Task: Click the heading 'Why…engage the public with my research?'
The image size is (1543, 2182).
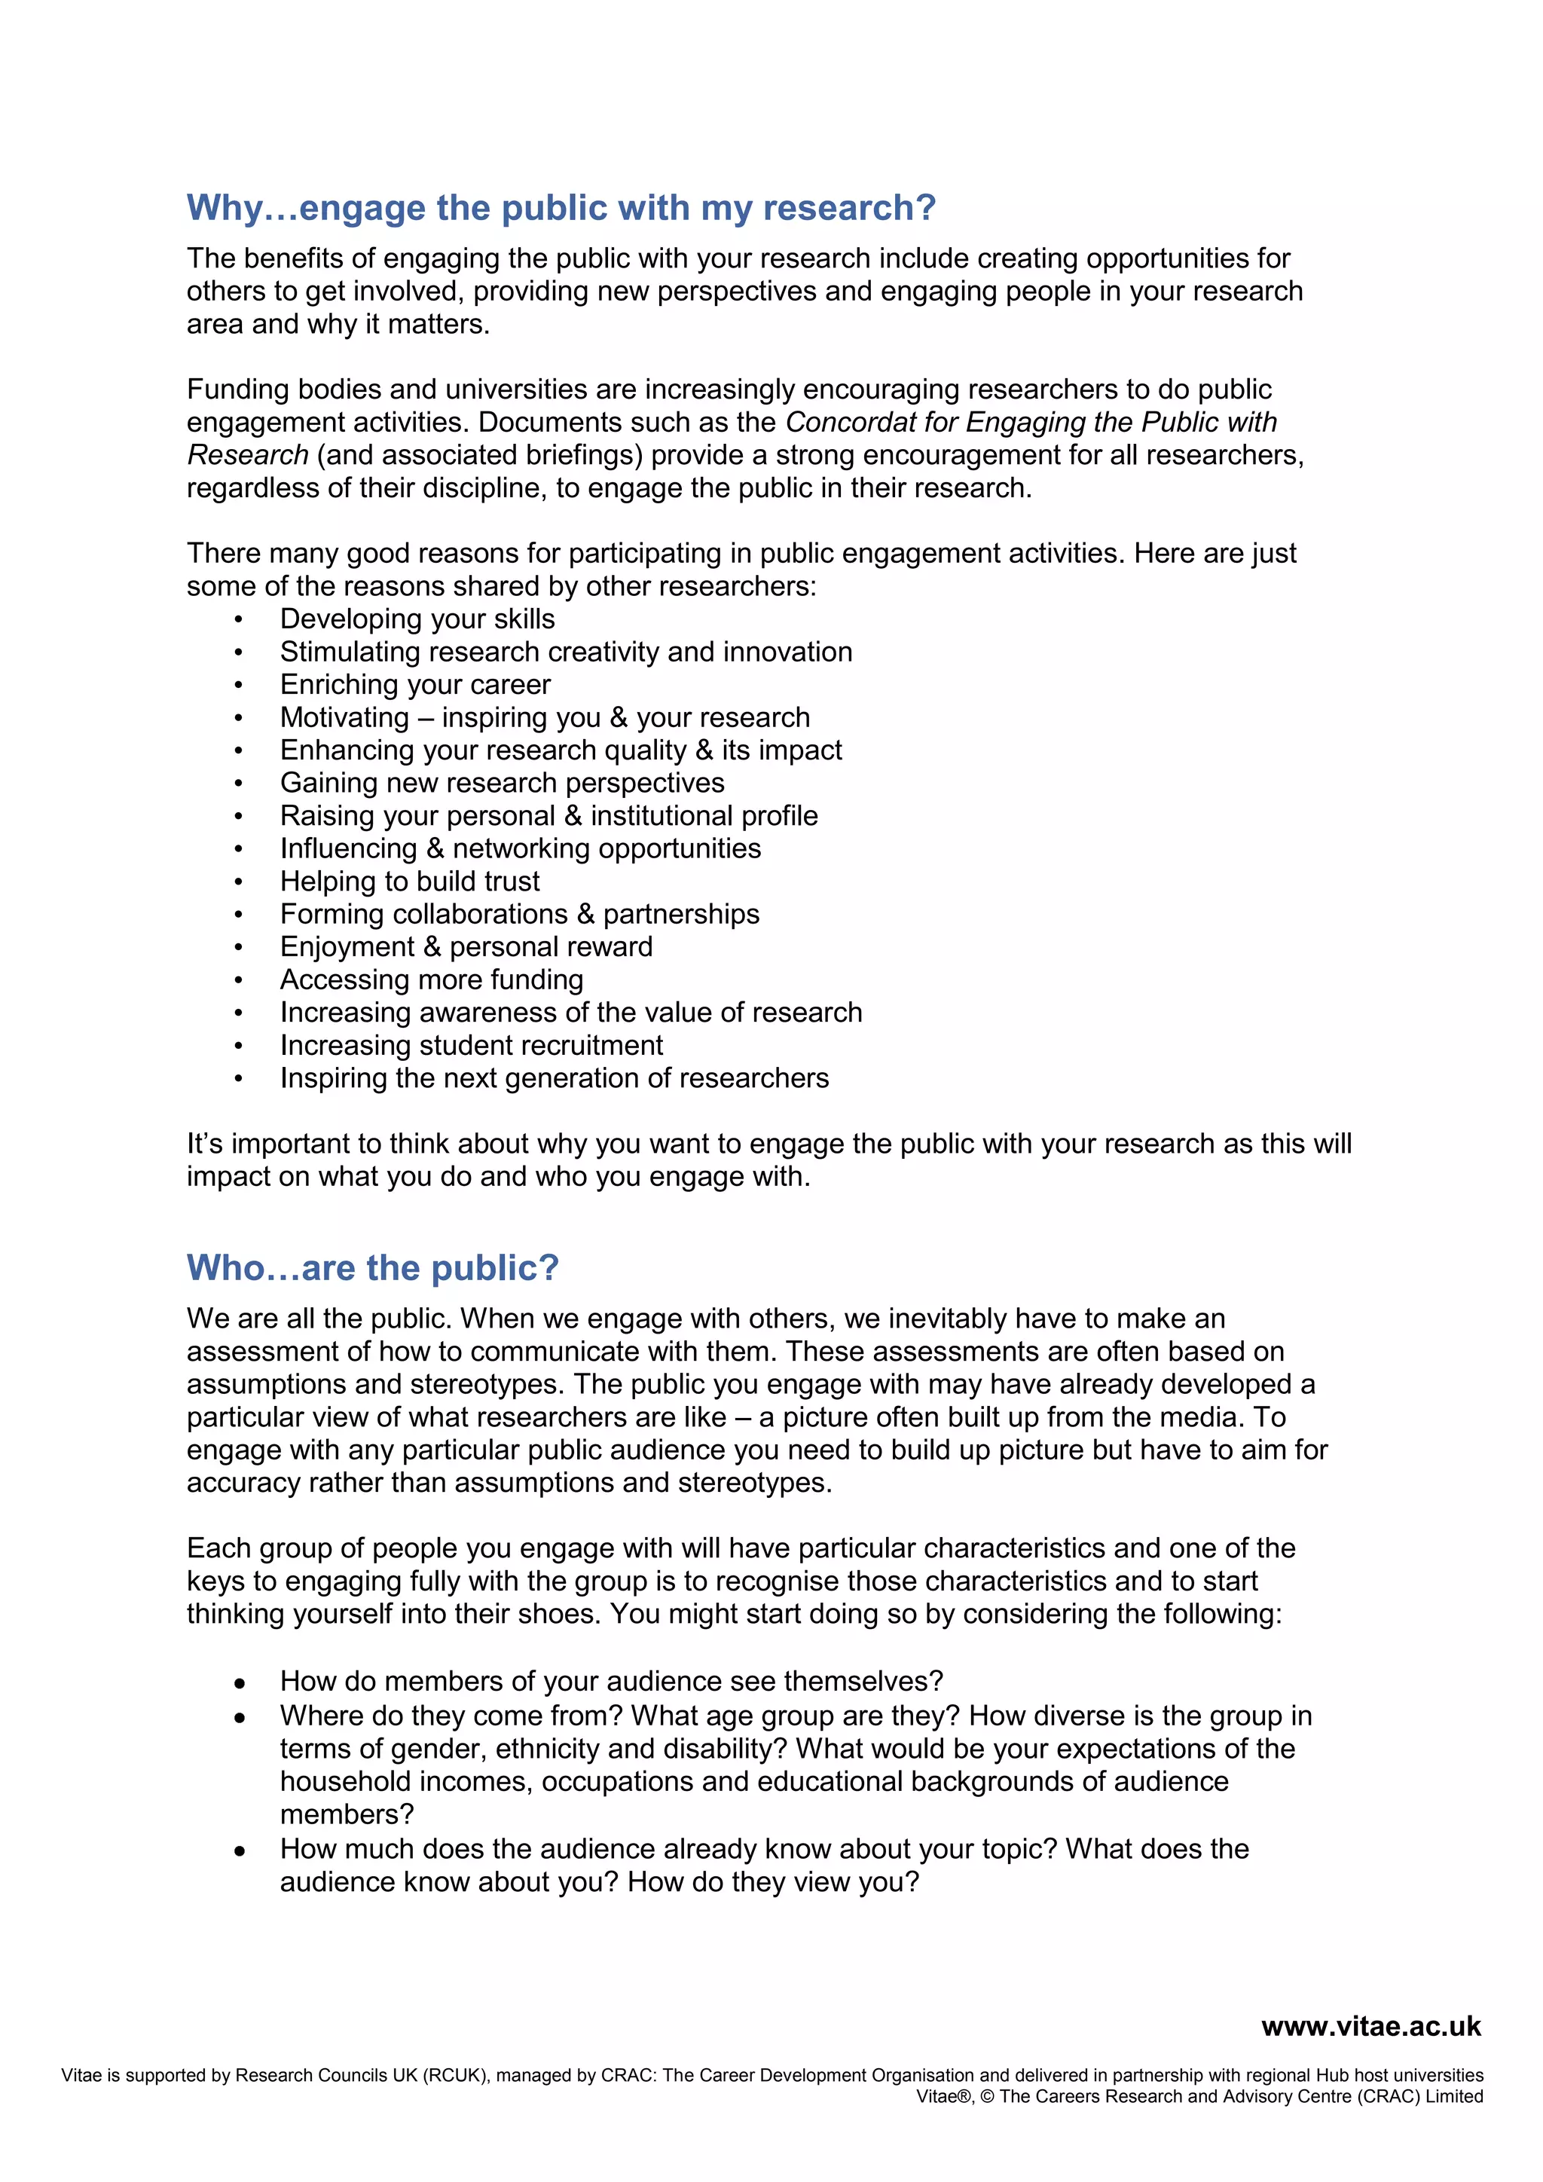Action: pos(561,208)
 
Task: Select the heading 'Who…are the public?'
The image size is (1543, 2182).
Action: pos(372,1268)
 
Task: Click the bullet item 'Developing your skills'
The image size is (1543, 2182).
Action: pos(417,619)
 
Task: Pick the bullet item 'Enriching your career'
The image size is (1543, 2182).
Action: pos(415,684)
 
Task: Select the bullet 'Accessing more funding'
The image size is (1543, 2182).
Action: pos(432,979)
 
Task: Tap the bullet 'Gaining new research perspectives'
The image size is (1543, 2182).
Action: pos(502,782)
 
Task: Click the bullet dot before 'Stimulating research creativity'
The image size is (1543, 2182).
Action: pos(240,653)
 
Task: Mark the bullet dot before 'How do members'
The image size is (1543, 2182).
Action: pos(240,1683)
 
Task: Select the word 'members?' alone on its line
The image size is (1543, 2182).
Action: pos(347,1814)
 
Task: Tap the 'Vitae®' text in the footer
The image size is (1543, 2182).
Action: pos(945,2096)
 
